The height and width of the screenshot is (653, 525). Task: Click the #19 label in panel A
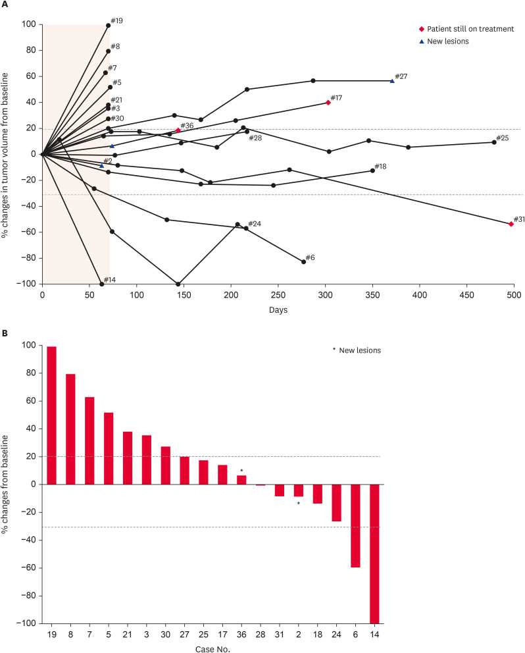[117, 21]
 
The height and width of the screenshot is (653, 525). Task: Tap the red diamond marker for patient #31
[511, 224]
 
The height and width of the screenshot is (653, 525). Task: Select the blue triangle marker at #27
[392, 81]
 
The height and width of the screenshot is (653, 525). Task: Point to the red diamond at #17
[328, 102]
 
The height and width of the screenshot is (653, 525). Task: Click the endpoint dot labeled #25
[494, 142]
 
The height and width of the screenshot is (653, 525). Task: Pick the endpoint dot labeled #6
[303, 262]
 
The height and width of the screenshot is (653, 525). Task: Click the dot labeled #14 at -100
[101, 284]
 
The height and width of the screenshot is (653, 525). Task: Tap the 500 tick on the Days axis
[514, 295]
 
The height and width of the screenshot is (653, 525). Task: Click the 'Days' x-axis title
[278, 309]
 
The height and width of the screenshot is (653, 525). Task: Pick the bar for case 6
[356, 526]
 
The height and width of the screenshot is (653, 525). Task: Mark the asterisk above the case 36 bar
[241, 471]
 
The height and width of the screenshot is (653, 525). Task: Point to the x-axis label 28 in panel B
[261, 633]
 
